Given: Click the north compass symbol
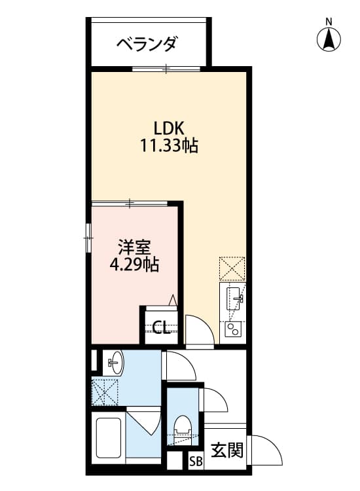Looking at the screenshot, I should tap(329, 39).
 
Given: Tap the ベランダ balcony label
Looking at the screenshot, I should tap(147, 45).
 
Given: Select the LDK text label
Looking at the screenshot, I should tap(168, 128).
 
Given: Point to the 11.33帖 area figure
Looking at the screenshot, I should tap(168, 145).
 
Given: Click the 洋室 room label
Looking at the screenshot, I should tap(135, 247).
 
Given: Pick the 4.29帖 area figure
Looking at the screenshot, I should tap(135, 265).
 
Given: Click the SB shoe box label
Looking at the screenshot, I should tap(196, 462).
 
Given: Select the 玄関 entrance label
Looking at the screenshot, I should tap(226, 450).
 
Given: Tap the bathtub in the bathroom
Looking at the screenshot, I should tap(109, 440).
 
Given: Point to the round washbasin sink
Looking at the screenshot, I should tap(114, 362).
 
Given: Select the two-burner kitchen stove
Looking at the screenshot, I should tap(233, 329).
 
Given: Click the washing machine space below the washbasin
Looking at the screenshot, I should tap(105, 391).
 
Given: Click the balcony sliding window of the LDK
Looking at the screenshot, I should tap(166, 68).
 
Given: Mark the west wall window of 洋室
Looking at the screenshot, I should tap(88, 236).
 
